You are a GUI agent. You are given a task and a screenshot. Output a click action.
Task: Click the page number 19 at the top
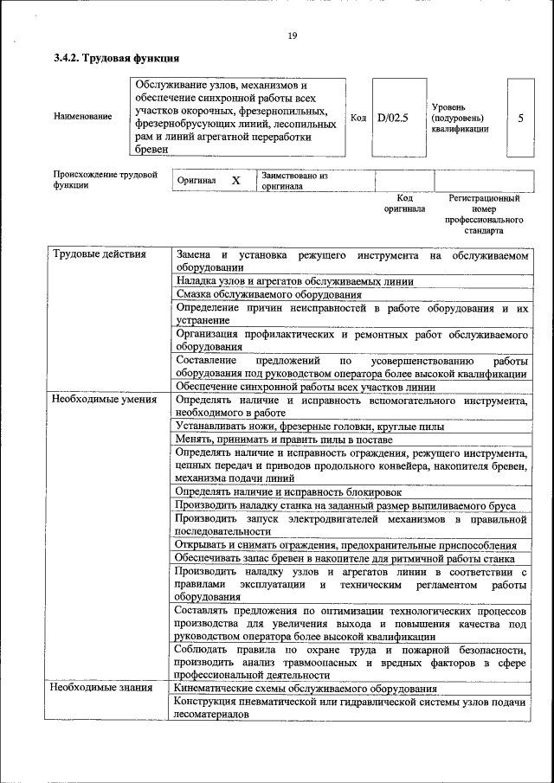(292, 35)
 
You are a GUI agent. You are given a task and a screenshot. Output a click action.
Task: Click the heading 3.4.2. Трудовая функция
(116, 59)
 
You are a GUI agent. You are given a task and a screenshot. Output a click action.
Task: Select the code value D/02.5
(392, 117)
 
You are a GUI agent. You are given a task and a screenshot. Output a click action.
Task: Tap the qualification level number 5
(520, 117)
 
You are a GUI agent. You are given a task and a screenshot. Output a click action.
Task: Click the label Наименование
(82, 117)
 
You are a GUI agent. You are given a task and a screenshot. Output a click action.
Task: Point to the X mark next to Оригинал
(235, 180)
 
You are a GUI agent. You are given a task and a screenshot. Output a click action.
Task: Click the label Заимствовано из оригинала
(294, 180)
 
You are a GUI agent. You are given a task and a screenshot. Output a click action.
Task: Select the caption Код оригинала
(404, 203)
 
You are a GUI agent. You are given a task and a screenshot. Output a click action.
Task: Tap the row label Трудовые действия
(100, 254)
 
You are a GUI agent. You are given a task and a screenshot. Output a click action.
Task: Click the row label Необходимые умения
(104, 400)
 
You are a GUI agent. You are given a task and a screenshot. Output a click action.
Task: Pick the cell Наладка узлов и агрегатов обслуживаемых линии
(294, 281)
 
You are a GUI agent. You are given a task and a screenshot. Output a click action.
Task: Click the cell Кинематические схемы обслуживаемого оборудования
(305, 689)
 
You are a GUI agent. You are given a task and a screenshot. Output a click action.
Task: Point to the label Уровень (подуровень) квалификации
(459, 117)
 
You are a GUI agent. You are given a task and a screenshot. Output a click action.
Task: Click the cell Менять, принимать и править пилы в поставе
(284, 440)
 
